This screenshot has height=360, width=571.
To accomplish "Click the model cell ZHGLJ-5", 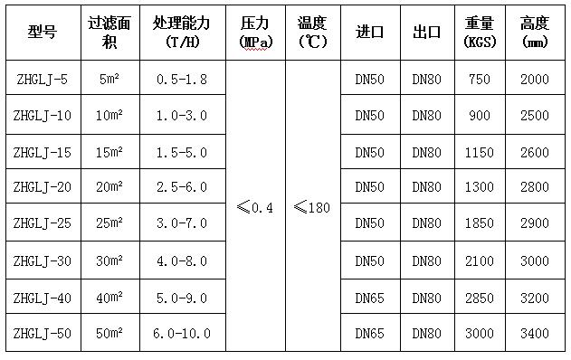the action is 43,80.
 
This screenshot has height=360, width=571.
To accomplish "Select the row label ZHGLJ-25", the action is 43,223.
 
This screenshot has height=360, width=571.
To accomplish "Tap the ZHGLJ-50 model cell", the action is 43,334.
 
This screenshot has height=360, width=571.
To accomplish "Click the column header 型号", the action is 43,33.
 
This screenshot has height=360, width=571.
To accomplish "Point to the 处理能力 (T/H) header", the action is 183,33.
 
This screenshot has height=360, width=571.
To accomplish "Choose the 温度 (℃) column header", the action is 312,33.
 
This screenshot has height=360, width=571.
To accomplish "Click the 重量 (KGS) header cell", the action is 480,33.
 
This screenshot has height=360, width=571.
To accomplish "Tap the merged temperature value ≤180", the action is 312,207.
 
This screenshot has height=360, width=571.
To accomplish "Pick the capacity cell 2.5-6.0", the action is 183,186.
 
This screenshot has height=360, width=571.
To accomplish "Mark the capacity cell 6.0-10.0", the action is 183,334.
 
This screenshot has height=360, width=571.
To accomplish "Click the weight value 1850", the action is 480,223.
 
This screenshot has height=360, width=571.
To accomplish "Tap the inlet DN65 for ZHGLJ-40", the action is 370,296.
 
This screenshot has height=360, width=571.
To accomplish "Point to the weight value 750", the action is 480,80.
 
